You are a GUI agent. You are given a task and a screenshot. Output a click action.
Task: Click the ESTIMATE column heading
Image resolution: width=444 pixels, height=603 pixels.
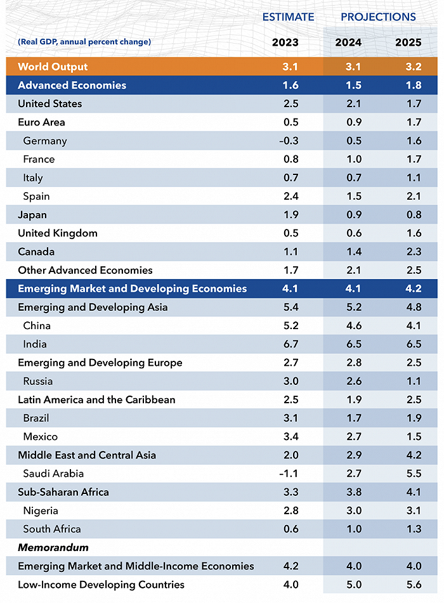tap(288, 17)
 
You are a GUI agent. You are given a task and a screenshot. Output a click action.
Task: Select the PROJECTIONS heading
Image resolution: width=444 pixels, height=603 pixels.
tap(378, 17)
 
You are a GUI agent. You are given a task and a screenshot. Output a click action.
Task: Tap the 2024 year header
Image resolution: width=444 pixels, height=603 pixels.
tap(348, 42)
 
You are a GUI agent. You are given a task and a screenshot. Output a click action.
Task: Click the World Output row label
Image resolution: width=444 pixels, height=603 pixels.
tap(53, 67)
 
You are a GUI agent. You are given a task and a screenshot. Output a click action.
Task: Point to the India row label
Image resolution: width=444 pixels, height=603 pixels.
tap(35, 344)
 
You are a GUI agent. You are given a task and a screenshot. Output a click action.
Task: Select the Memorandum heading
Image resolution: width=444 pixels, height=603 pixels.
tap(53, 547)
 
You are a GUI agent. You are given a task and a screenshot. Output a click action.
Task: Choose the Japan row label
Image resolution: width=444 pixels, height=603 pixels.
tap(32, 215)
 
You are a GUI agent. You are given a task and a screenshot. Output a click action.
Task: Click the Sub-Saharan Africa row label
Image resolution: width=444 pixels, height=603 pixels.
tap(63, 492)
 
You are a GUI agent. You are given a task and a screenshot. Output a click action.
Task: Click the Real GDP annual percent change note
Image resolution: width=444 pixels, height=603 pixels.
tap(84, 42)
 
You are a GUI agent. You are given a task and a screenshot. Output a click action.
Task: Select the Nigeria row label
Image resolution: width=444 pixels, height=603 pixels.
tap(41, 510)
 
